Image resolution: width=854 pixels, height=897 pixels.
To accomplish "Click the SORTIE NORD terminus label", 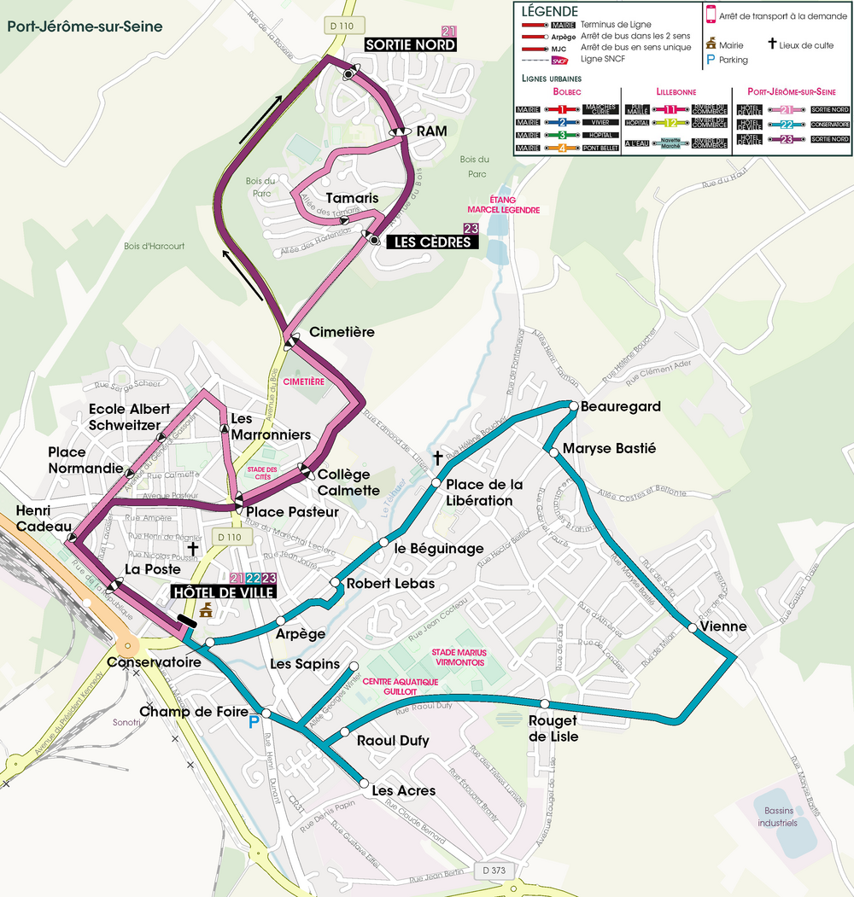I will pos(410,45).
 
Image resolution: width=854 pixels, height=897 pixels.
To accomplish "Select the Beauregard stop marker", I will pos(574,406).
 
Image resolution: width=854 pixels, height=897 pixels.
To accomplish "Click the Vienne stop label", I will pos(722,626).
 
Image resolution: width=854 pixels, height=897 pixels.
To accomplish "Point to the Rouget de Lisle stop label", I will pos(553,729).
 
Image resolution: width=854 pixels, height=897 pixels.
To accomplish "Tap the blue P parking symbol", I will pos(253,723).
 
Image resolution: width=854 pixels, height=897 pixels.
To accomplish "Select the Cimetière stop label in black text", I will pos(342,331).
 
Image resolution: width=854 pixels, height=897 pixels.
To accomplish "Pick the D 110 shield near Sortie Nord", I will pos(341,26).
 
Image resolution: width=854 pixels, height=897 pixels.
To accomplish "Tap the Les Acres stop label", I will pos(403,791).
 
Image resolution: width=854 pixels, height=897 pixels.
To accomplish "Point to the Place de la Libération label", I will pos(483,492).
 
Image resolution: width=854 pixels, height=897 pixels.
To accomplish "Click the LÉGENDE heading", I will pos(549,11).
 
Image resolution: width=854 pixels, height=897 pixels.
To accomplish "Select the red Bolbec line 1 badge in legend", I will pos(563,110).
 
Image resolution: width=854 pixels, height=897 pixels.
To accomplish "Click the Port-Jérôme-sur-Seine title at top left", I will pos(85,26).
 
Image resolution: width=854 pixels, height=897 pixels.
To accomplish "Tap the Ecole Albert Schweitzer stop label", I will pos(129,417).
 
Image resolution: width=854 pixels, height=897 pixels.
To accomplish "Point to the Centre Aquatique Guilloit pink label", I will pos(401,687).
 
